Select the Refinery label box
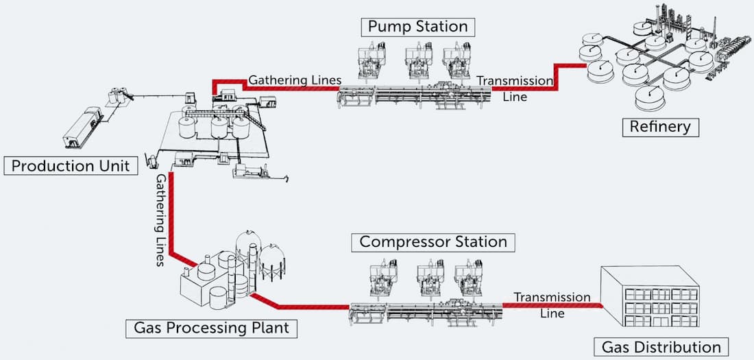(x=660, y=127)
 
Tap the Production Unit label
(x=71, y=166)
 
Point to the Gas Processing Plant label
(x=212, y=328)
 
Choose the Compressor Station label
(x=433, y=242)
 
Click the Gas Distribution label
(x=661, y=347)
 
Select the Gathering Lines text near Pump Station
(x=295, y=80)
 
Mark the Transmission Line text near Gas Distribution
(x=552, y=305)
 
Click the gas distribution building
(x=650, y=299)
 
